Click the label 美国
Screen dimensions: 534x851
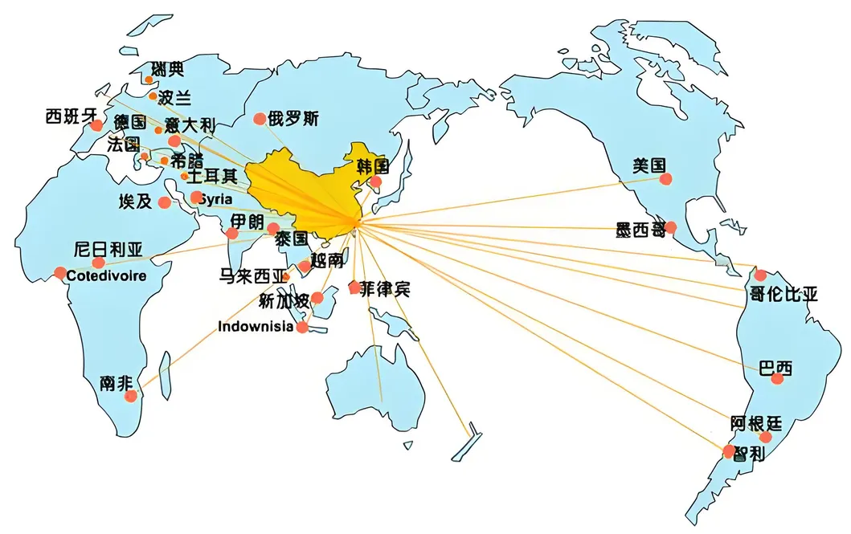pyautogui.click(x=649, y=166)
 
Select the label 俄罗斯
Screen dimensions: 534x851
pyautogui.click(x=293, y=119)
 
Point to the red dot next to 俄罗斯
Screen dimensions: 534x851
pyautogui.click(x=260, y=119)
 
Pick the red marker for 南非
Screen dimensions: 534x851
pyautogui.click(x=130, y=395)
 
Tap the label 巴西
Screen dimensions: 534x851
pyautogui.click(x=775, y=369)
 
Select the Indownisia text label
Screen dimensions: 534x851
pyautogui.click(x=256, y=327)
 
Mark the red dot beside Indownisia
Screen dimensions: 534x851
pyautogui.click(x=302, y=328)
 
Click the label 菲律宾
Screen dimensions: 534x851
pyautogui.click(x=384, y=289)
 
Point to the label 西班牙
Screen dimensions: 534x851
pyautogui.click(x=70, y=117)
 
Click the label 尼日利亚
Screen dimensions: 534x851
pyautogui.click(x=108, y=249)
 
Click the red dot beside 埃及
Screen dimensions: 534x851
pyautogui.click(x=165, y=202)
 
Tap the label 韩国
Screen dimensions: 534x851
pyautogui.click(x=373, y=167)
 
